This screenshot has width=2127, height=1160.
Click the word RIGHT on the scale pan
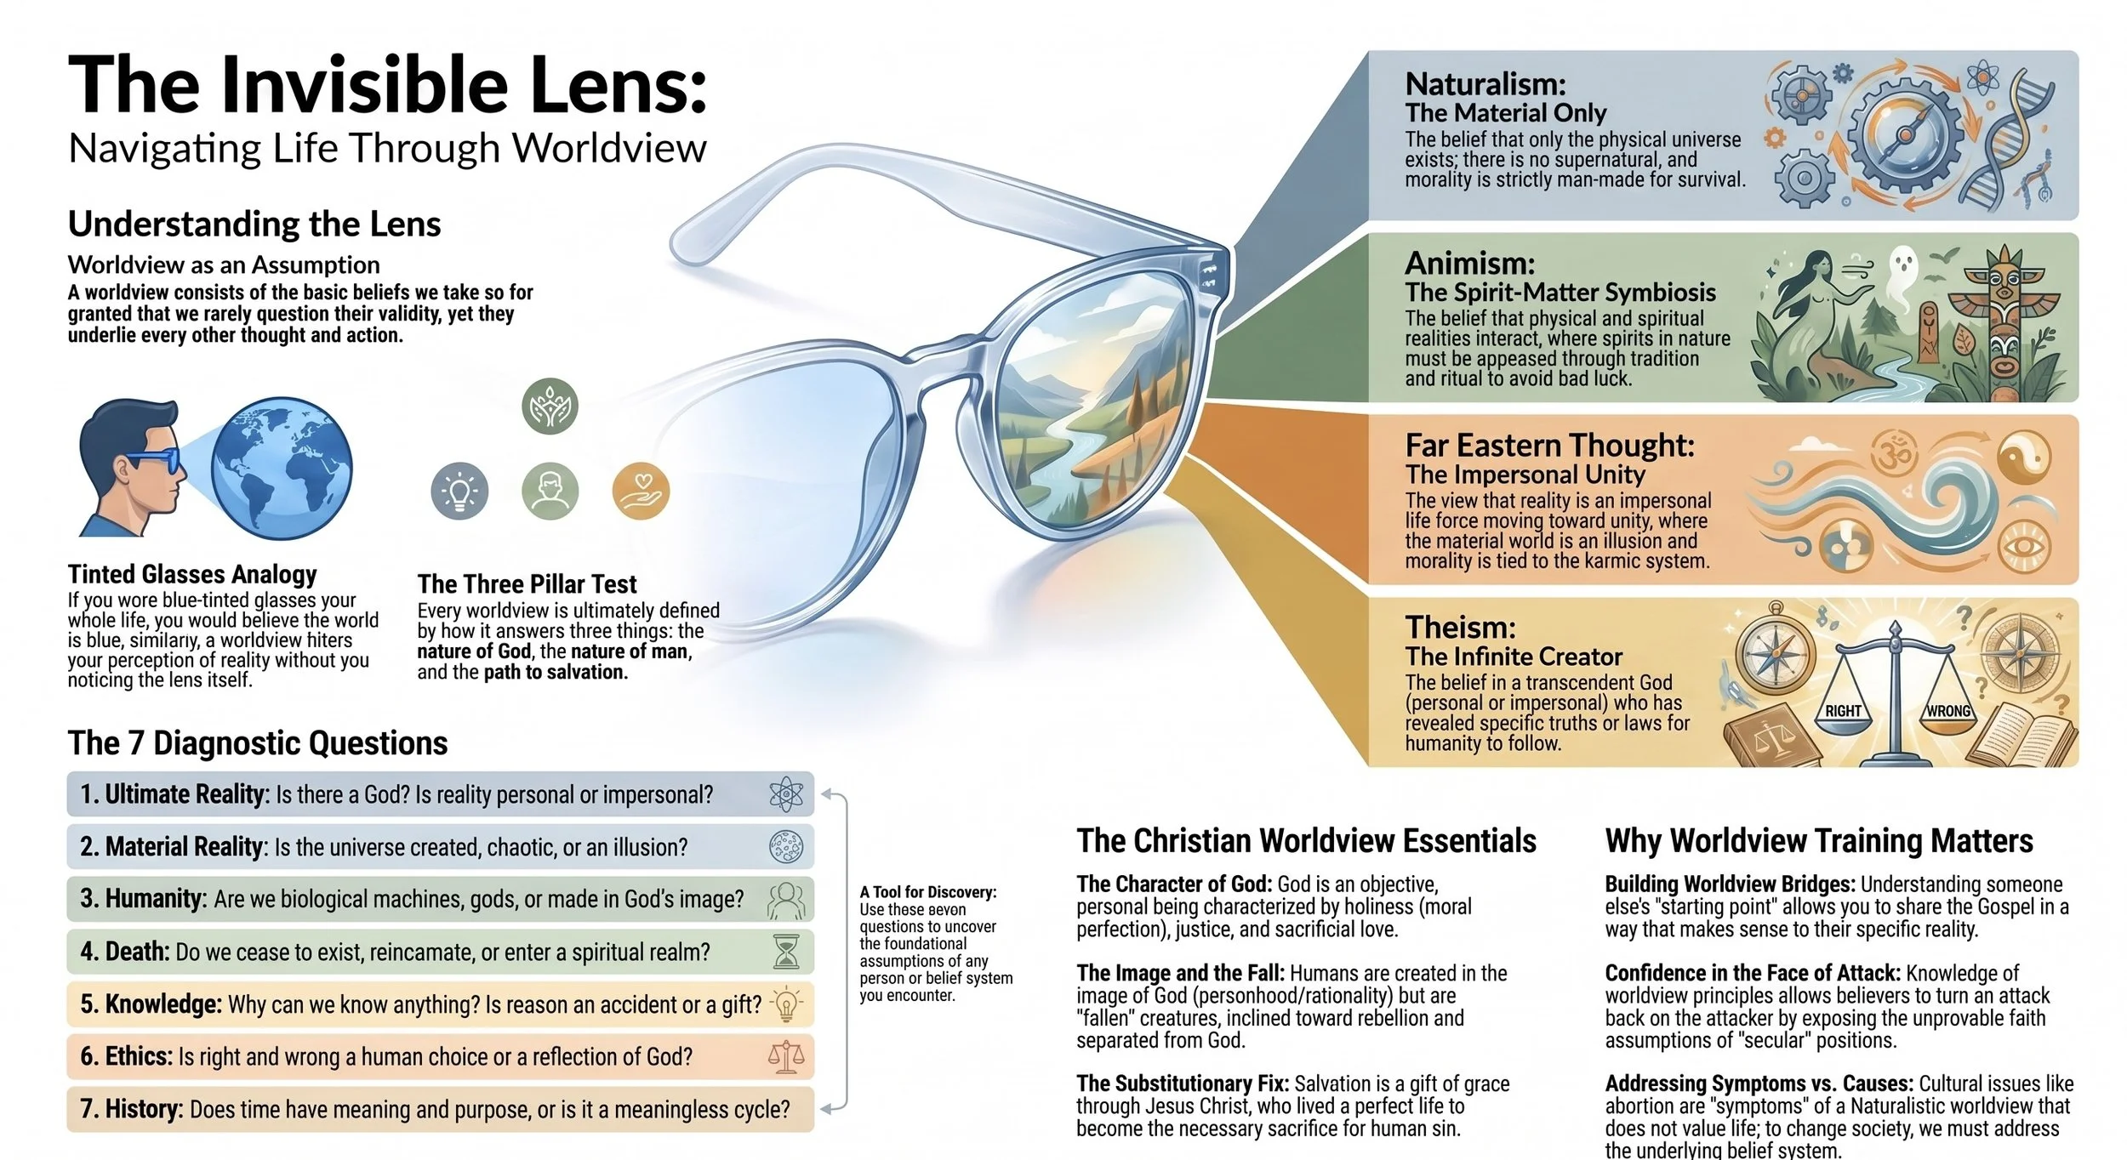click(1843, 711)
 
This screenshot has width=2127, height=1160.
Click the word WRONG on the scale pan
click(1948, 711)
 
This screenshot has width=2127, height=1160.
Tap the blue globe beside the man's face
click(282, 469)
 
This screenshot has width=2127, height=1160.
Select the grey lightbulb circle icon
click(460, 492)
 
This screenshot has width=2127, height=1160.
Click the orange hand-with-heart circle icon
click(642, 492)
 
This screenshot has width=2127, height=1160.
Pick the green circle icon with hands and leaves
click(550, 406)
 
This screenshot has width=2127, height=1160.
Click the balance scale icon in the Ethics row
click(786, 1056)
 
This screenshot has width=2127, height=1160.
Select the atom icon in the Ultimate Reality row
click(786, 794)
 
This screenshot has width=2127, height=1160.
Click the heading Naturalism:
click(1485, 84)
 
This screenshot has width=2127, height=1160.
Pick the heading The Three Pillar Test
click(527, 584)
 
